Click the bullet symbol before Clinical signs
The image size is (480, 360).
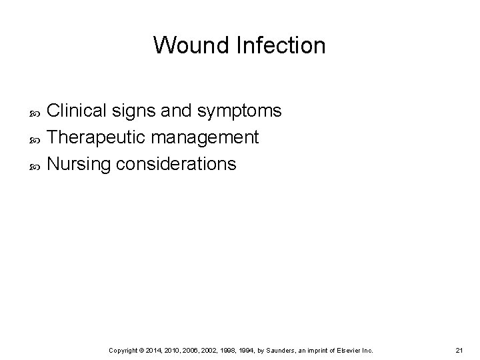(37, 111)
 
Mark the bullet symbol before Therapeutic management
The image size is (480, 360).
(37, 138)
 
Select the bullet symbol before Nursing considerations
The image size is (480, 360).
(37, 165)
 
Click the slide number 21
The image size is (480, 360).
(459, 350)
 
